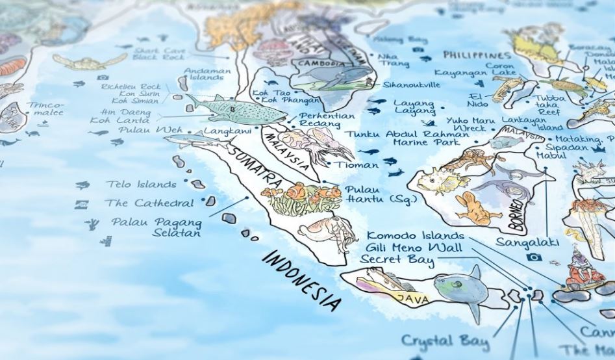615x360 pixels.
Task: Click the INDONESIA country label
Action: (x=303, y=277)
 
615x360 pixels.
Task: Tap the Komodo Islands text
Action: (x=416, y=235)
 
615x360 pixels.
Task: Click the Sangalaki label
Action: (x=520, y=242)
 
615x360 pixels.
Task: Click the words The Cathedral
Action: (x=149, y=203)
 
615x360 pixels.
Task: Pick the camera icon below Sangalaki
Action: (x=535, y=257)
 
